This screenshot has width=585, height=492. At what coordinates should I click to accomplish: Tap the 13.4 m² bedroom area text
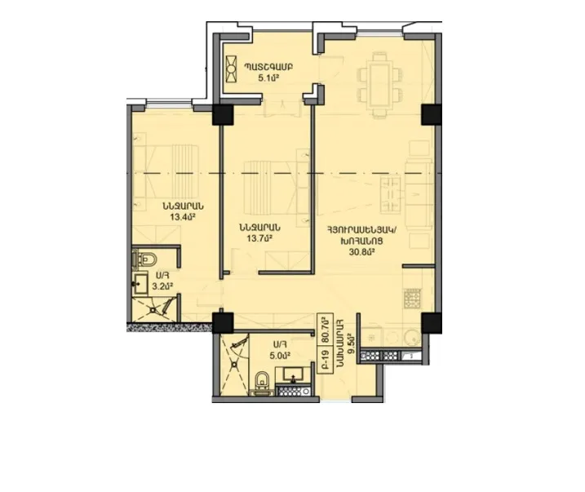pos(181,218)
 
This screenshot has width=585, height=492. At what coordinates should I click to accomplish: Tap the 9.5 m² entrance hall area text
pos(349,337)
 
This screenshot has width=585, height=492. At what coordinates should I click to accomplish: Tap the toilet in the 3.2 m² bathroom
pos(146,260)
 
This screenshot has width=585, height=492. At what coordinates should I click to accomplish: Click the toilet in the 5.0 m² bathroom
pos(262,381)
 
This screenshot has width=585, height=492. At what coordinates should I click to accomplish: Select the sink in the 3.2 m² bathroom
pos(140,284)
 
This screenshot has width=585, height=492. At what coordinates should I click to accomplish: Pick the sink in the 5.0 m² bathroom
pos(293,375)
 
